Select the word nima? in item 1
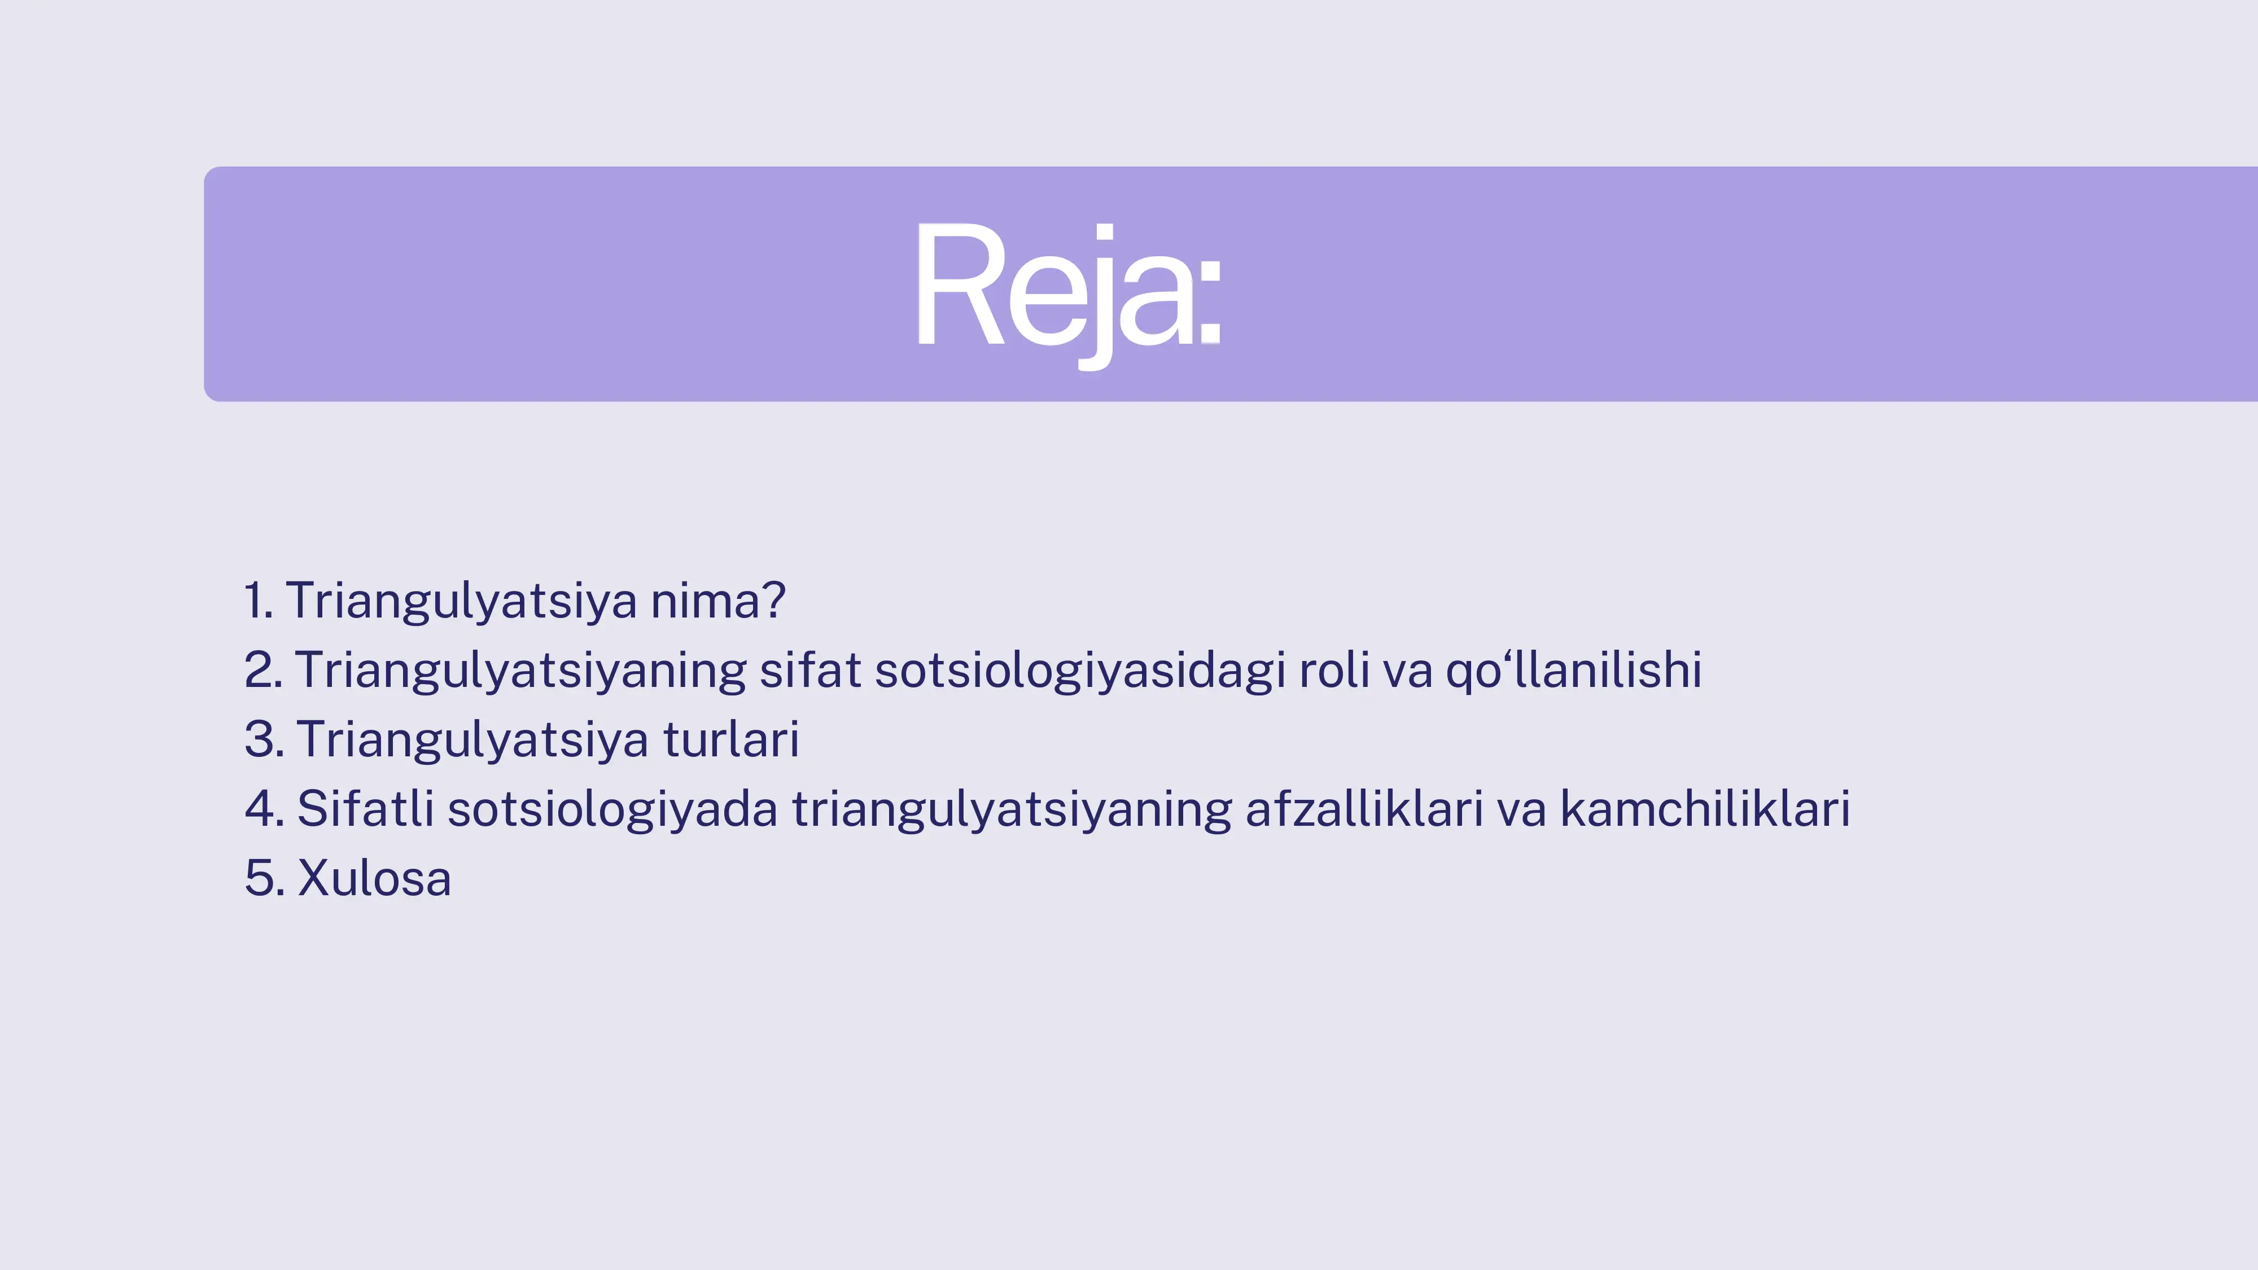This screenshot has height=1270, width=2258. point(717,601)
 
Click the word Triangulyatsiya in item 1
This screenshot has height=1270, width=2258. point(461,601)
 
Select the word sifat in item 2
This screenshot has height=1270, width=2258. point(810,671)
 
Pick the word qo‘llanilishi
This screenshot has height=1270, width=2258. point(1573,671)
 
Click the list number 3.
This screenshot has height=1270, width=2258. point(264,740)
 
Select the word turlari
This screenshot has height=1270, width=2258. point(730,740)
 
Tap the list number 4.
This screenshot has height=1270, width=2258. point(264,809)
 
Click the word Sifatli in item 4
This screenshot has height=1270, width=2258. point(365,809)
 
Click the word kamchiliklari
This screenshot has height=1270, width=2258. point(1704,809)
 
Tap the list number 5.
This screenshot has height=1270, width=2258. point(264,878)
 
